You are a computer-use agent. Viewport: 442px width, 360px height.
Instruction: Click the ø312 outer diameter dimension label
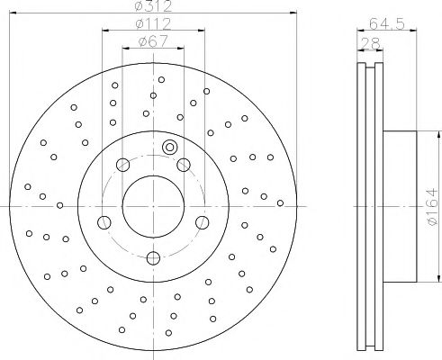coord(152,7)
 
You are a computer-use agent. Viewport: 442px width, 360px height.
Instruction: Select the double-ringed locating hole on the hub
coord(168,148)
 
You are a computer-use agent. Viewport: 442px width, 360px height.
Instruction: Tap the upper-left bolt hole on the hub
coord(120,163)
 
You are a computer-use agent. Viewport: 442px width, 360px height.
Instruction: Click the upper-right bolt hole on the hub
coord(184,163)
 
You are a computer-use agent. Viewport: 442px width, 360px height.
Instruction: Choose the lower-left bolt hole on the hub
coord(104,222)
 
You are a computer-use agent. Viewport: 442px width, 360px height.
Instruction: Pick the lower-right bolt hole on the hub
coord(200,222)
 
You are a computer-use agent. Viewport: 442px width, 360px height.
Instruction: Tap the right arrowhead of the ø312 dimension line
coord(293,13)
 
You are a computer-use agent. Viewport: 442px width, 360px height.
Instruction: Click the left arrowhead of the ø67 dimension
coord(124,46)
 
